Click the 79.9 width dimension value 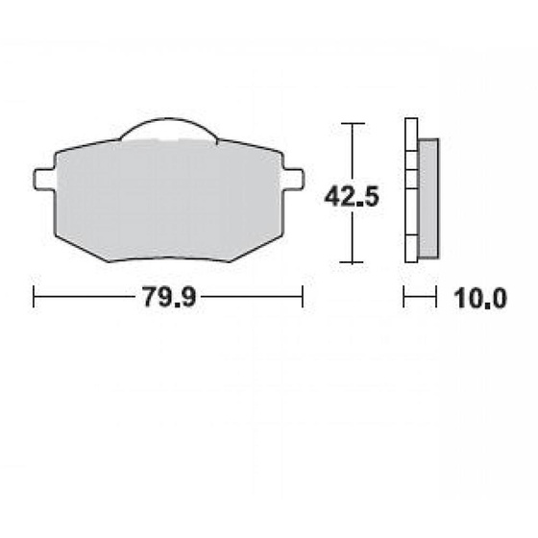[169, 297]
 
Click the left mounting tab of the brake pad [43, 179]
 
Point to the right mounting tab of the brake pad [293, 179]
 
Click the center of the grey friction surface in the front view [168, 197]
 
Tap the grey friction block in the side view [428, 199]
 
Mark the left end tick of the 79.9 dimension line [35, 297]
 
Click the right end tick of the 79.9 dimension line [303, 297]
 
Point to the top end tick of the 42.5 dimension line [354, 124]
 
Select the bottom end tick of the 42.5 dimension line [354, 262]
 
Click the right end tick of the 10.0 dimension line [438, 297]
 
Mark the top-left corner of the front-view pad [56, 153]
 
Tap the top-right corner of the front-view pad [281, 153]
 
